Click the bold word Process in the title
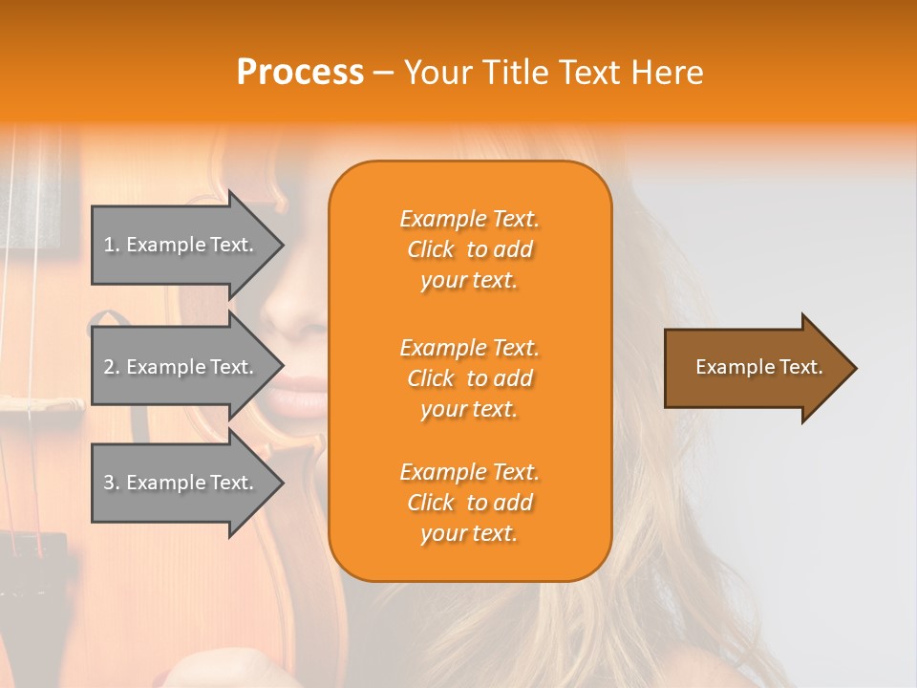[300, 73]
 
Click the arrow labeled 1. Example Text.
[181, 245]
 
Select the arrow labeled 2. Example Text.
[181, 367]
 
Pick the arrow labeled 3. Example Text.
[181, 483]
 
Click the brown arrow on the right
[755, 368]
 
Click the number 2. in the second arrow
[112, 367]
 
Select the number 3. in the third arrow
[112, 483]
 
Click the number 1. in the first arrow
[112, 245]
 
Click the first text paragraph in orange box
[469, 249]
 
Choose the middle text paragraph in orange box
[469, 378]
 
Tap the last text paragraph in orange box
[469, 503]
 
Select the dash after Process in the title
[383, 73]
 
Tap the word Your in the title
[436, 73]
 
